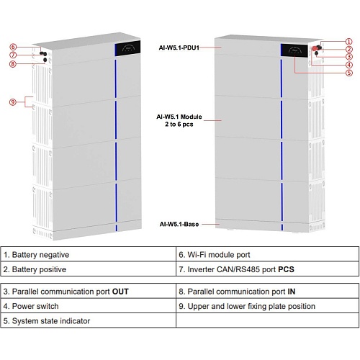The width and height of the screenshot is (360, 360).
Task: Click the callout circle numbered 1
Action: [348, 42]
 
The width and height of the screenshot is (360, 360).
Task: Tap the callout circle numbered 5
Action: [349, 73]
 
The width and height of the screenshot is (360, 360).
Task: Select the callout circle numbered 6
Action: [13, 47]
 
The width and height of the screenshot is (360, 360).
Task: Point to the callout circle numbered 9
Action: [12, 102]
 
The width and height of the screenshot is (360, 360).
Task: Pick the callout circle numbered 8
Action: [12, 64]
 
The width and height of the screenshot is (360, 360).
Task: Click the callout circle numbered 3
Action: [349, 57]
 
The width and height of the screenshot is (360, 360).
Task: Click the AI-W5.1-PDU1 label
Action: [179, 48]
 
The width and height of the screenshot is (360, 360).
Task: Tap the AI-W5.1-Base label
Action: [179, 224]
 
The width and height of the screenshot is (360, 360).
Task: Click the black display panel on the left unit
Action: [127, 48]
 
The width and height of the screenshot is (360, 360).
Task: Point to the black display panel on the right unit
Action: [294, 50]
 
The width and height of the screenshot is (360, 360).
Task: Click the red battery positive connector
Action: [315, 49]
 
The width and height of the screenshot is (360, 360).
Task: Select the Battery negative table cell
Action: [89, 254]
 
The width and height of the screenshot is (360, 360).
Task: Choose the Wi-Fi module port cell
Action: [267, 254]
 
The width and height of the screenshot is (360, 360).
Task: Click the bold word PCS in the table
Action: [286, 269]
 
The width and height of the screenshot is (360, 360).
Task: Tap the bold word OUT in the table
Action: [120, 292]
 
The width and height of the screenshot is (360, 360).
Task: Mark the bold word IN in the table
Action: [292, 292]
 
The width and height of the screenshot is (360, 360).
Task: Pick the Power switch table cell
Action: [89, 306]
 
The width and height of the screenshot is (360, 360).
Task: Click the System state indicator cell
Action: [89, 320]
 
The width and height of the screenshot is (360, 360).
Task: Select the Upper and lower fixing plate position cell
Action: [267, 306]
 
